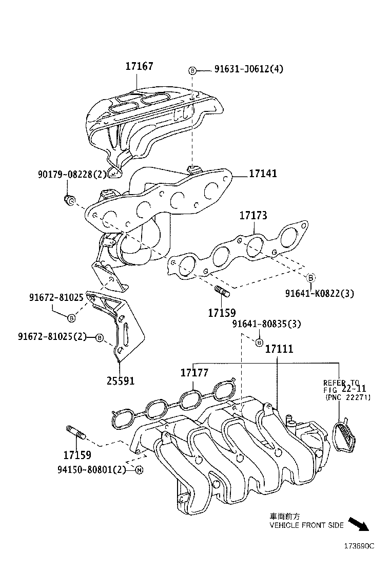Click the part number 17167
click(139, 66)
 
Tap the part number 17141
click(263, 174)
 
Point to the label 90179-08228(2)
click(72, 175)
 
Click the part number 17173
click(253, 216)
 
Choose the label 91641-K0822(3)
click(320, 293)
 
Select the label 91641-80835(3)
click(266, 324)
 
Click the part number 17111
click(279, 349)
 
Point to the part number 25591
click(121, 380)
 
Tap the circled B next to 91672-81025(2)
click(99, 337)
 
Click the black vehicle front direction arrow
click(359, 524)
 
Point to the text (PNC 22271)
click(347, 398)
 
